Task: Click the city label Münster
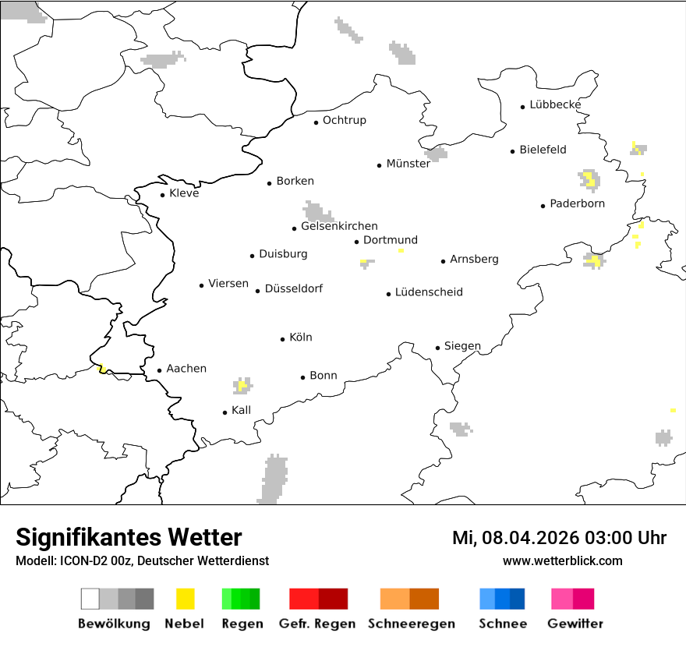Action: (408, 164)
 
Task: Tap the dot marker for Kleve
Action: (162, 195)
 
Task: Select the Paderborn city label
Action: (577, 203)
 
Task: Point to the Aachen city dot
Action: (159, 371)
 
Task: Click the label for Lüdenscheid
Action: (429, 292)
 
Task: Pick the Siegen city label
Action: (462, 346)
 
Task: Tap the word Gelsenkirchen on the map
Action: (339, 226)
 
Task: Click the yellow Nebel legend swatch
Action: (186, 599)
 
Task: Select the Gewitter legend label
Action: (575, 624)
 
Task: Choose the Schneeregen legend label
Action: (412, 624)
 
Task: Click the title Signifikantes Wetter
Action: (129, 538)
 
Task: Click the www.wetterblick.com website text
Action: (562, 561)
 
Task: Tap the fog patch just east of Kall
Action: (242, 385)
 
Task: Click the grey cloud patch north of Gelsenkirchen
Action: (317, 212)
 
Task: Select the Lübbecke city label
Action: (555, 104)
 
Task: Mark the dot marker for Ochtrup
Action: (316, 122)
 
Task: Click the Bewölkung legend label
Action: (114, 624)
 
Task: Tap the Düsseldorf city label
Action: (294, 288)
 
